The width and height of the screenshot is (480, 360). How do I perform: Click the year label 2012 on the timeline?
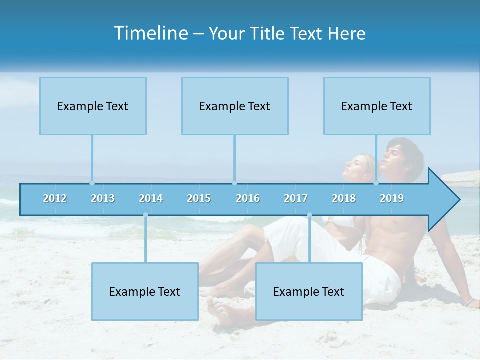pos(55,198)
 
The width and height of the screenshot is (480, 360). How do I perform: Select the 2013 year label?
pos(103,198)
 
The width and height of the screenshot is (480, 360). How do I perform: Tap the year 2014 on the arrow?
pos(151,198)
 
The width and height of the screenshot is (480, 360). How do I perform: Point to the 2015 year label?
pos(199,198)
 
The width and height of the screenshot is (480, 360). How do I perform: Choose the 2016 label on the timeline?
pos(248,198)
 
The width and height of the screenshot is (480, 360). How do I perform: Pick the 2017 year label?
pos(296,198)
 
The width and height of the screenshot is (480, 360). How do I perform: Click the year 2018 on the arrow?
pos(344,198)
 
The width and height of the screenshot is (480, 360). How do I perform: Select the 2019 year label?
pos(392,198)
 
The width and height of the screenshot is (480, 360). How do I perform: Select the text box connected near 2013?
pos(93,106)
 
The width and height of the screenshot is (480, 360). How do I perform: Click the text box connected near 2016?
pos(235,106)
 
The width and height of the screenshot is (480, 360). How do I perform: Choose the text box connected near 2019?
pos(377,106)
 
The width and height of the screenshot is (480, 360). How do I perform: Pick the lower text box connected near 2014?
pos(145,291)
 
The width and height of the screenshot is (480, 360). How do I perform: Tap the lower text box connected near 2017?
pos(309,291)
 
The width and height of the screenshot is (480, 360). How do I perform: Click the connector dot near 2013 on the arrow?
pos(92,183)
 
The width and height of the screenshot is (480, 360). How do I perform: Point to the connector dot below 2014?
pos(145,215)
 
